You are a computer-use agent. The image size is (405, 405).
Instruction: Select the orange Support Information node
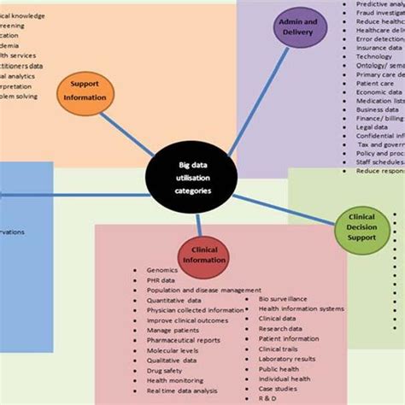[x=84, y=92]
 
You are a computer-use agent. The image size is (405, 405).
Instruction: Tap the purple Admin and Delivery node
[x=300, y=27]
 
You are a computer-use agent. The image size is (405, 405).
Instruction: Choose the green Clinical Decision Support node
[x=361, y=227]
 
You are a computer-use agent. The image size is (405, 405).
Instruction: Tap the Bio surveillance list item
[x=283, y=300]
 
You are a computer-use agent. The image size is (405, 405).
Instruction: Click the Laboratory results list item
[x=285, y=359]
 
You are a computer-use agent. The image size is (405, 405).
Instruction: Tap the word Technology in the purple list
[x=374, y=56]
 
